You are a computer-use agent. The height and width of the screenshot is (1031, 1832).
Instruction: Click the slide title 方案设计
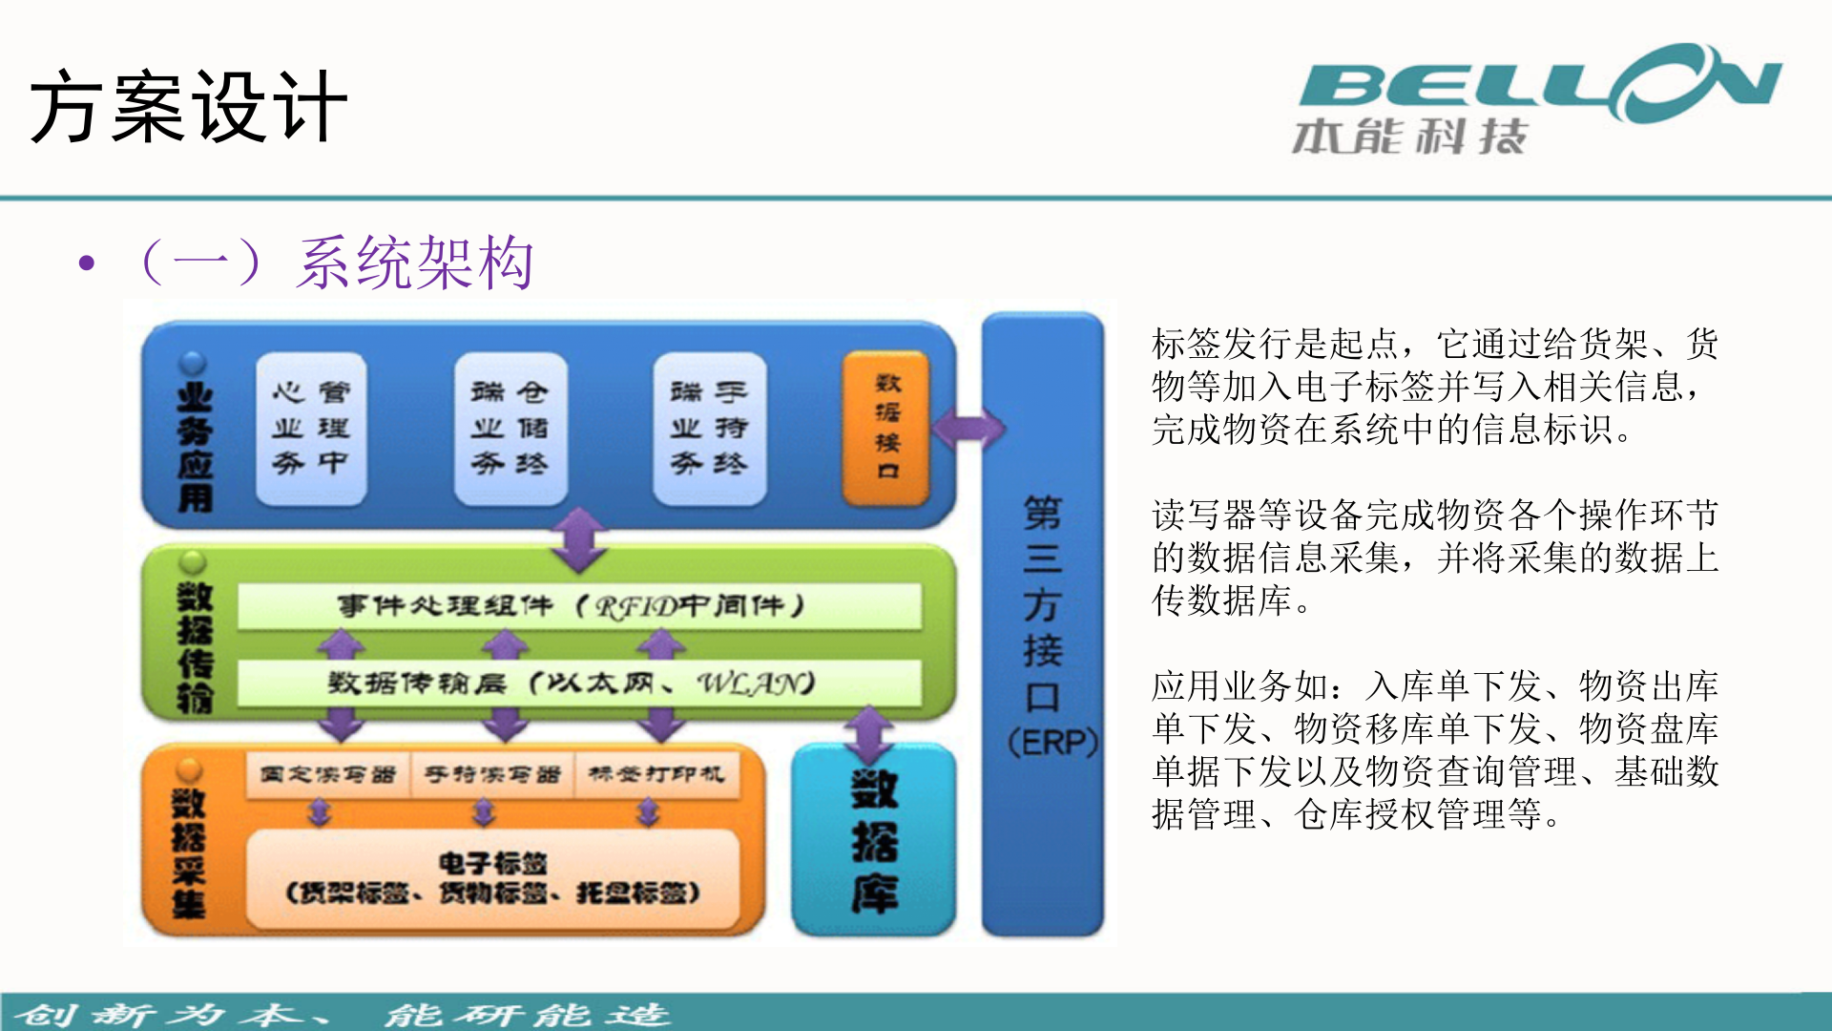(x=188, y=107)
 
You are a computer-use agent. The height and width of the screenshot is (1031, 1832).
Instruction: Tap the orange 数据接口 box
(x=886, y=427)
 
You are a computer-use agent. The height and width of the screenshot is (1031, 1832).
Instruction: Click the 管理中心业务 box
(x=311, y=428)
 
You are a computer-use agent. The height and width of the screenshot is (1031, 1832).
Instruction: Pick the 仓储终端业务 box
(x=510, y=428)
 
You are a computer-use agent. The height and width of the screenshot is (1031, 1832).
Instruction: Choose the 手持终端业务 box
(x=709, y=428)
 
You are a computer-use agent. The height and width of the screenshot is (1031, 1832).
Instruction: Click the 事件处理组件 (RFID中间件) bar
(x=578, y=605)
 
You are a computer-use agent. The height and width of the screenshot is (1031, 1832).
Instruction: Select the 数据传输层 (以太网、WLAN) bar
(x=578, y=683)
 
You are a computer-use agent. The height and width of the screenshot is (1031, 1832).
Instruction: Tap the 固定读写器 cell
(x=327, y=774)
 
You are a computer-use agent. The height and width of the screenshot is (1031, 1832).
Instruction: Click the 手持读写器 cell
(x=491, y=774)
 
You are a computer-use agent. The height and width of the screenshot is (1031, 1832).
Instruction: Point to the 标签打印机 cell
(x=656, y=774)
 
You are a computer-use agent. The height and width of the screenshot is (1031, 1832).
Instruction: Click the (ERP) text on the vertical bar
(x=1052, y=742)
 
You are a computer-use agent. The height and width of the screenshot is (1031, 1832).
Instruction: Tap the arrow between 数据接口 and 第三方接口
(x=968, y=429)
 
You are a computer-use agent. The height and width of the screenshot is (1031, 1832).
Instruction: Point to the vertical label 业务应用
(x=195, y=447)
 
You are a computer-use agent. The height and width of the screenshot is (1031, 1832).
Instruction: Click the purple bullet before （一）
(x=88, y=263)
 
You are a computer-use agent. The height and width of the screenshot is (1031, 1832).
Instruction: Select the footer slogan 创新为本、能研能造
(x=343, y=1014)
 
